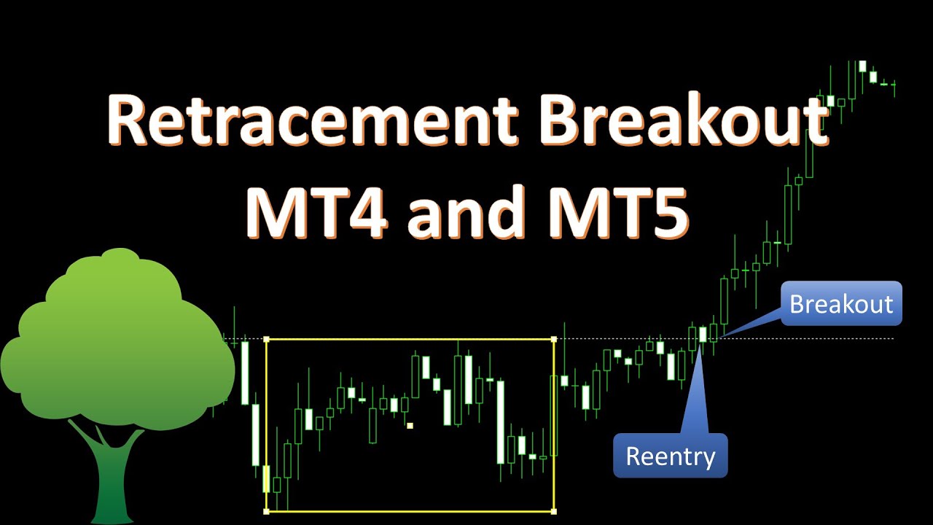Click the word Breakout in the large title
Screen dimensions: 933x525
click(684, 119)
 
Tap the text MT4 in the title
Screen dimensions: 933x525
click(316, 211)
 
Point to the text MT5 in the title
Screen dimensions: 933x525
click(617, 211)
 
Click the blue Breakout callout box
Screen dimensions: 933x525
click(841, 303)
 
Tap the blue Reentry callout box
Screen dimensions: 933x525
click(670, 456)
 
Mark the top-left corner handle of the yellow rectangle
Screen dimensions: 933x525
click(267, 339)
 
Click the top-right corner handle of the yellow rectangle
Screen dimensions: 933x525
click(554, 339)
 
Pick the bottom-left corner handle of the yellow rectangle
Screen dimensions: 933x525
click(267, 511)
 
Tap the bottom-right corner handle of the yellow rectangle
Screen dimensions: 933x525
click(554, 511)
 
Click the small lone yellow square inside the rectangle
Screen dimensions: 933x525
click(410, 425)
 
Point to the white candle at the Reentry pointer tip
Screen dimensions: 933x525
click(703, 334)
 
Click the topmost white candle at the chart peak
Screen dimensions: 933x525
click(862, 66)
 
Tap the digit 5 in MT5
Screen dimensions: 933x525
click(668, 212)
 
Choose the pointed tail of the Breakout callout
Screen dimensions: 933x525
click(722, 336)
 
